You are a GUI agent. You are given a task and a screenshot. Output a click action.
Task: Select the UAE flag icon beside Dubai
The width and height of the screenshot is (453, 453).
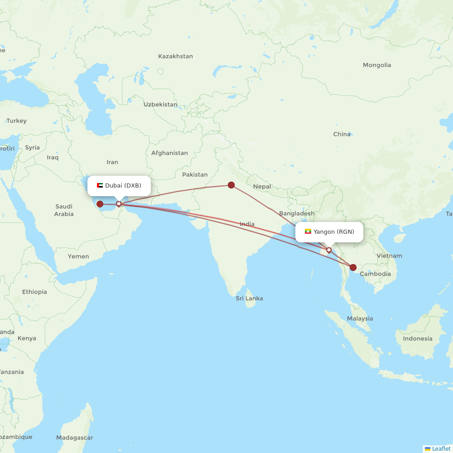pos(100,185)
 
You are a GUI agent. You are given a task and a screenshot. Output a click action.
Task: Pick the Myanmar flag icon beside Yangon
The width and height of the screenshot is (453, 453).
pos(308,231)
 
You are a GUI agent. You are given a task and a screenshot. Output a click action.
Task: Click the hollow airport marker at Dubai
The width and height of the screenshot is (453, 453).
pos(119,204)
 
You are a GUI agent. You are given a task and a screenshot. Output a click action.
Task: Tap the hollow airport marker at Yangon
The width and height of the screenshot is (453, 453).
pos(329,250)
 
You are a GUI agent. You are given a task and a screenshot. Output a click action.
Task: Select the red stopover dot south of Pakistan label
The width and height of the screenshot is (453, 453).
pos(231,185)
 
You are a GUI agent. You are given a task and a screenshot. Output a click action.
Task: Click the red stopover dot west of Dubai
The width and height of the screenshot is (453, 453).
pos(100,204)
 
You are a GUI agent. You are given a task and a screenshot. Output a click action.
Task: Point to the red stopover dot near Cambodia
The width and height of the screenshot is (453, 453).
pos(353,267)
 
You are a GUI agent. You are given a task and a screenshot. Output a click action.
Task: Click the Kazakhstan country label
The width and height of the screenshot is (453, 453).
pos(175,57)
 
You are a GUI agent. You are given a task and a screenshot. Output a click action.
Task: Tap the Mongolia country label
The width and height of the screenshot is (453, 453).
pos(377,65)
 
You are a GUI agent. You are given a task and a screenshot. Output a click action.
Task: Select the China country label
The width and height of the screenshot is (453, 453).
pos(342,134)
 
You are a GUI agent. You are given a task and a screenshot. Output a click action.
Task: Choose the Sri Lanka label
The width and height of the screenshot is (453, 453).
pos(249,299)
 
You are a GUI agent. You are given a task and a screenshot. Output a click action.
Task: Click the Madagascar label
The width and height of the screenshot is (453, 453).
pos(75,438)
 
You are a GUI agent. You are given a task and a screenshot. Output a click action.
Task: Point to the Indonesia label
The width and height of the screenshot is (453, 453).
pos(418,338)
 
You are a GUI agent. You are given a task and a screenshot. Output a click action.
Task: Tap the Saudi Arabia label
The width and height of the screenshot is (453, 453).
pos(64,210)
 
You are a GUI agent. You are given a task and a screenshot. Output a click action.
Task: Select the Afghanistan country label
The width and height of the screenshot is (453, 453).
pos(169,153)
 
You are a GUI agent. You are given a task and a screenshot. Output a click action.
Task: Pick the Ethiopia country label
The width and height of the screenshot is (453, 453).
pos(34,292)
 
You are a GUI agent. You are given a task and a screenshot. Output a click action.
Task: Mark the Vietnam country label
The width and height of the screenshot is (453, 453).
pos(389,255)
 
